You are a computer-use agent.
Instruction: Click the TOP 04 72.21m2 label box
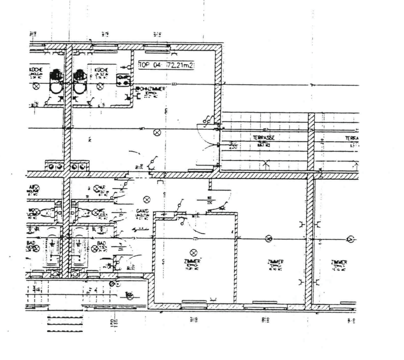tap(165, 65)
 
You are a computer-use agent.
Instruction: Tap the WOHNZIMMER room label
tap(151, 88)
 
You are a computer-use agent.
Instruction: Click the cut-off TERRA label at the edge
tap(352, 138)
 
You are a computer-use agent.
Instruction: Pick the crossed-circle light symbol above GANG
tap(147, 199)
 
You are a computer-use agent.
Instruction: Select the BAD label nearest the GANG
tap(101, 244)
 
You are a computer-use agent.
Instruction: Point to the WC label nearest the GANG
tap(101, 212)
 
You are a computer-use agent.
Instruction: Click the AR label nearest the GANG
tap(102, 188)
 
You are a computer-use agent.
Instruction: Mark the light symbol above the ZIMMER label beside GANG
tap(194, 252)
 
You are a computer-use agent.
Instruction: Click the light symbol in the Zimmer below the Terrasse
tap(269, 238)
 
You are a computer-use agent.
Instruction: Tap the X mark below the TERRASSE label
tap(267, 164)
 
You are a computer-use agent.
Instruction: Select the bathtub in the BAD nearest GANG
tap(80, 252)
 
